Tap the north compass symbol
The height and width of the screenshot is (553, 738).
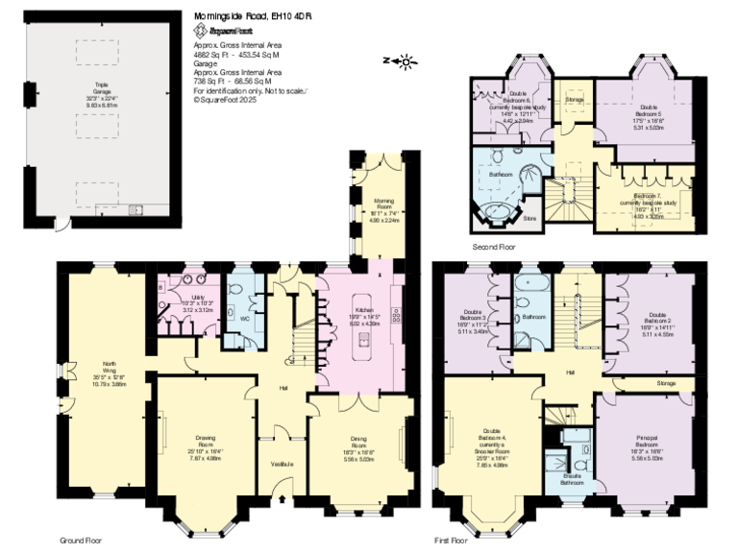405,61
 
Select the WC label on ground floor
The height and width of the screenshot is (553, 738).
245,317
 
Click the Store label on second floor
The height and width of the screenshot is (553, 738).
529,218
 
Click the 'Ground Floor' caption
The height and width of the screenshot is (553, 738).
81,541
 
